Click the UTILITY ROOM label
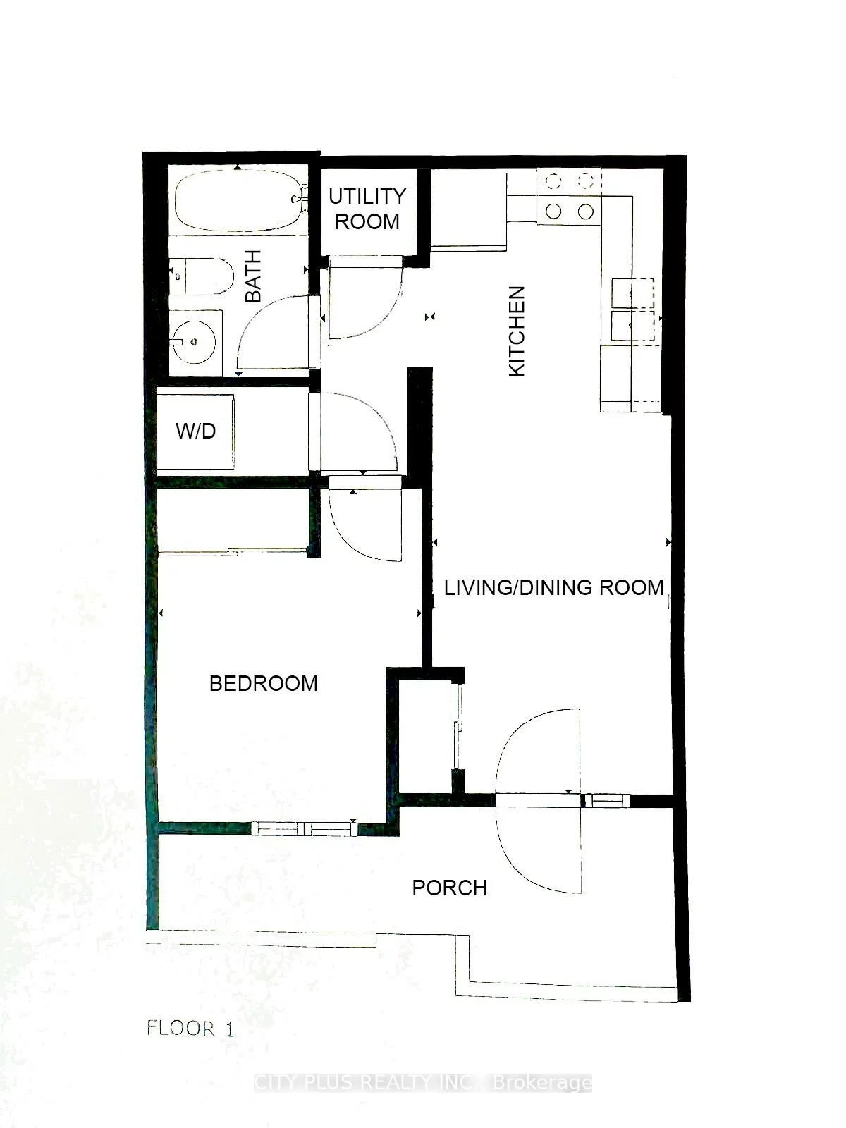point(367,208)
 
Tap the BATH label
point(253,276)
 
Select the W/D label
point(196,431)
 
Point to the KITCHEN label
point(517,331)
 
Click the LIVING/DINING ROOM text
point(553,587)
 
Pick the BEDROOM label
point(264,682)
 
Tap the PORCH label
point(449,887)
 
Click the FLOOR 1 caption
point(190,1028)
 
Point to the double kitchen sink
point(632,309)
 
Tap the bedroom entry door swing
point(364,522)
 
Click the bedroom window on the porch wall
point(305,829)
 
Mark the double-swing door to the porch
point(540,800)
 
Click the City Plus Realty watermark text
point(422,1082)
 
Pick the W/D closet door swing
point(356,431)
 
